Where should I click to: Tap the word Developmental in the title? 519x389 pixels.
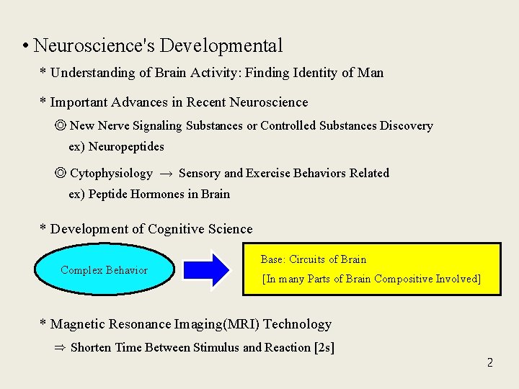221,46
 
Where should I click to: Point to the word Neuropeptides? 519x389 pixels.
126,147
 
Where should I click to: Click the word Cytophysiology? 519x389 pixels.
111,174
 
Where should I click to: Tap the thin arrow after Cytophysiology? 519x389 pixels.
165,174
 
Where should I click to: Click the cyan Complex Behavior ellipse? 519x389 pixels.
104,270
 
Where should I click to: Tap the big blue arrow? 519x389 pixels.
206,270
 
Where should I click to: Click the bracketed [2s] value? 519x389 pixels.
324,348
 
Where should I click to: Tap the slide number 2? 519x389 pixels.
489,362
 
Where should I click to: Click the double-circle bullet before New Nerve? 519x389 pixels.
61,126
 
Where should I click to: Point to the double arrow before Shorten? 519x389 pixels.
60,348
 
